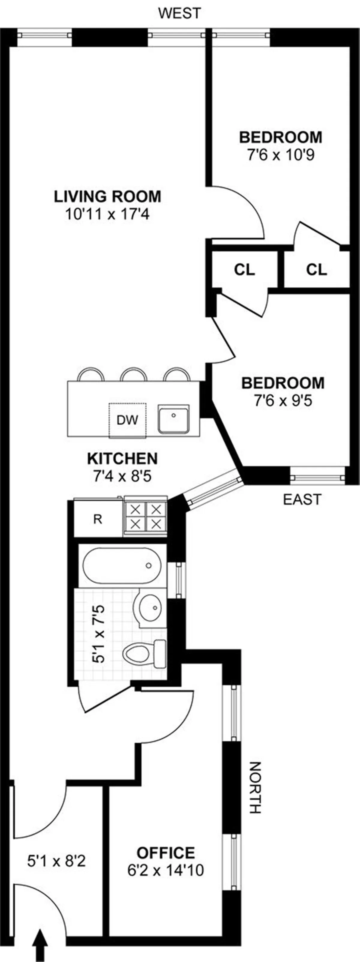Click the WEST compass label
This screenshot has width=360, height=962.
tap(179, 13)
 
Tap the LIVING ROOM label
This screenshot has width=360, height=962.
tap(108, 197)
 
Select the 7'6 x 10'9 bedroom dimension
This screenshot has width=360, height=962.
tap(280, 154)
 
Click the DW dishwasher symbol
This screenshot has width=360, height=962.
tap(127, 420)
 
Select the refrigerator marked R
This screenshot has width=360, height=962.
tap(98, 519)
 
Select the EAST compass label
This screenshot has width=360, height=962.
tap(302, 499)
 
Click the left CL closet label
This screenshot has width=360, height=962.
tap(244, 270)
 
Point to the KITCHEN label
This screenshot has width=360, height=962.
tap(122, 458)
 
